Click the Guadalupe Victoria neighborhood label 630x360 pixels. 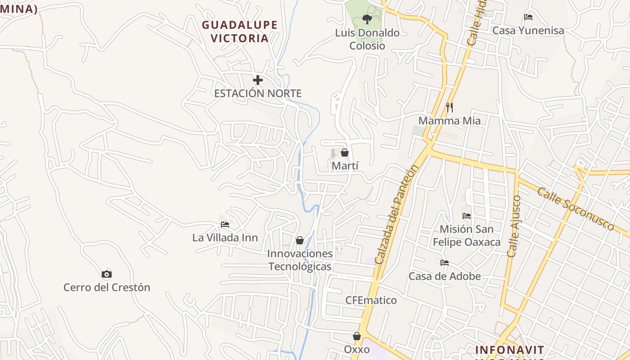pos(239,31)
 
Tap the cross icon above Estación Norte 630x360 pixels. pos(257,80)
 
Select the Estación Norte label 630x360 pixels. pos(257,93)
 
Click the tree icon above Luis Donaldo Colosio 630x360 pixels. pos(367,19)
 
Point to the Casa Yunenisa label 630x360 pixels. pos(528,31)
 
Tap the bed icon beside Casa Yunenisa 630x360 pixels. pos(528,17)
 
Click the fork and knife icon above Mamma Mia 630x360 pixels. pos(449,107)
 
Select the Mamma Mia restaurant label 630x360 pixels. pos(449,121)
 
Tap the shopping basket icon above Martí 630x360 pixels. pos(345,153)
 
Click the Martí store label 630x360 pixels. pos(345,166)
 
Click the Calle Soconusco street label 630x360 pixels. pos(575,209)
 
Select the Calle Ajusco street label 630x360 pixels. pos(514,226)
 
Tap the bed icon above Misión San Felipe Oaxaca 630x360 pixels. pos(467,216)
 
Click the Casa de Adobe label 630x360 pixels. pos(445,276)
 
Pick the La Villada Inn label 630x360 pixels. pos(225,238)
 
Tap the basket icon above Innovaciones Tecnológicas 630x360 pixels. pos(300,240)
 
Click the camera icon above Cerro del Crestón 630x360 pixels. pos(107,274)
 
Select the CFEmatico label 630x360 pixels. pos(371,300)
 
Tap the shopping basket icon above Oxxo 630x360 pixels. pos(357,336)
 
